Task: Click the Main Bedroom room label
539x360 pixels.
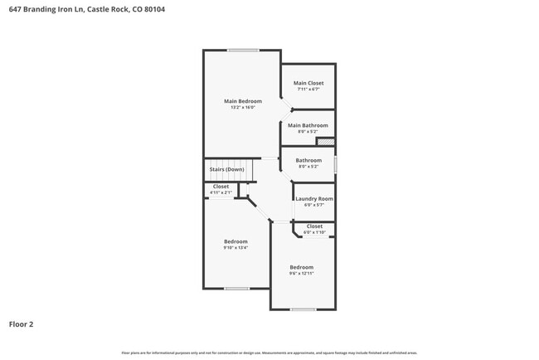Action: click(242, 101)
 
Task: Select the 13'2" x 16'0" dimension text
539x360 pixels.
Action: click(242, 108)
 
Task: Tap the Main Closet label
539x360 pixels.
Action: click(308, 83)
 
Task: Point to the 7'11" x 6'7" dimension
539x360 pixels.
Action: click(308, 90)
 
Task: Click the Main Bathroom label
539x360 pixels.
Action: click(308, 125)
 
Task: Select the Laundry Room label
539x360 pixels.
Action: click(314, 199)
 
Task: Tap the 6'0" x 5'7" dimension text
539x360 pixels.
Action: click(314, 206)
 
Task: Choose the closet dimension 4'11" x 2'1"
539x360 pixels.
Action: click(221, 193)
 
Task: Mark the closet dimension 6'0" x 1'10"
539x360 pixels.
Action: click(314, 233)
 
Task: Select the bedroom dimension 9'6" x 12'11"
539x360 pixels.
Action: click(301, 274)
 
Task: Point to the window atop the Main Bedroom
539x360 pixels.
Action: click(243, 51)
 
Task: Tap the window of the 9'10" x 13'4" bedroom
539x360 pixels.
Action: click(236, 289)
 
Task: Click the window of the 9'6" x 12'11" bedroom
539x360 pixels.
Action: click(303, 309)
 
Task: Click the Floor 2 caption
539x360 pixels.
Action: click(21, 324)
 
